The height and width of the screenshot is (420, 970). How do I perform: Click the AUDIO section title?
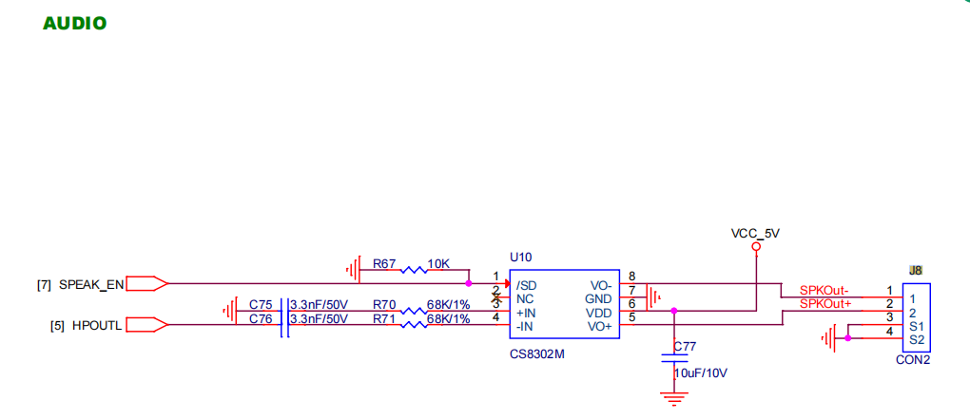pyautogui.click(x=75, y=24)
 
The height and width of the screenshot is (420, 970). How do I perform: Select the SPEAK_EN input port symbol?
pyautogui.click(x=146, y=284)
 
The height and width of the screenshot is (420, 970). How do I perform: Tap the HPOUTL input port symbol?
pyautogui.click(x=146, y=324)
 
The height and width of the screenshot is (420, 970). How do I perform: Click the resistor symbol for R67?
pyautogui.click(x=414, y=270)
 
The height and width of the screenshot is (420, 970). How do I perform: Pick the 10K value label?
pyautogui.click(x=438, y=264)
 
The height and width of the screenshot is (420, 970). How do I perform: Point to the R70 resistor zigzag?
pyautogui.click(x=414, y=311)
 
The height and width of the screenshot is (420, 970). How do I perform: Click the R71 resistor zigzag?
pyautogui.click(x=414, y=324)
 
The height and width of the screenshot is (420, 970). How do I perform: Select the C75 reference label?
pyautogui.click(x=261, y=305)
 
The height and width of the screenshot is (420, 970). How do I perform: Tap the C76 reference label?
pyautogui.click(x=261, y=318)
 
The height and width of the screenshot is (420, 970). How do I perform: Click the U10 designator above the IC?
pyautogui.click(x=520, y=257)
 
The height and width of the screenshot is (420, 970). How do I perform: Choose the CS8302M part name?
pyautogui.click(x=537, y=355)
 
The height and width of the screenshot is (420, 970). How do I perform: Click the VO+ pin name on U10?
pyautogui.click(x=600, y=326)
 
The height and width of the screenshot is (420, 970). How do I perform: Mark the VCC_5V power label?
pyautogui.click(x=755, y=234)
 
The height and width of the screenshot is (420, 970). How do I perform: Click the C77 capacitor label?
pyautogui.click(x=685, y=347)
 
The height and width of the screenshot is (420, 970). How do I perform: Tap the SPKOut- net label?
pyautogui.click(x=824, y=290)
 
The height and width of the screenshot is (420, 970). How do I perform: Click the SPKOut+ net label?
pyautogui.click(x=825, y=304)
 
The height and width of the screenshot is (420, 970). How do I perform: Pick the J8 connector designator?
pyautogui.click(x=916, y=270)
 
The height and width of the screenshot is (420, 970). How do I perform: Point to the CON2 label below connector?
pyautogui.click(x=913, y=360)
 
